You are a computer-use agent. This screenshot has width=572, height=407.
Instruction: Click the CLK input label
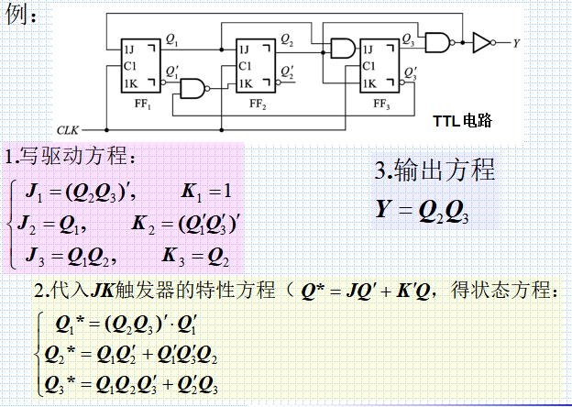pos(69,130)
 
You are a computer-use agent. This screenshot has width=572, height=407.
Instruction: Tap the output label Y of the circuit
pos(516,42)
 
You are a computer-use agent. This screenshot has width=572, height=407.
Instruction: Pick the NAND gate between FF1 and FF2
pos(194,88)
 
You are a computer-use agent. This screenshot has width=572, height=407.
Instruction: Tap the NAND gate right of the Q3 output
pos(443,41)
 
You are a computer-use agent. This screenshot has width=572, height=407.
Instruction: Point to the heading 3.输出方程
pos(434,170)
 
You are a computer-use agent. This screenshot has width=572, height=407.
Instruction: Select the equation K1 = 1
pos(209,192)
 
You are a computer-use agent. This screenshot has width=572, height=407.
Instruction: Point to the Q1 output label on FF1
pos(172,38)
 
